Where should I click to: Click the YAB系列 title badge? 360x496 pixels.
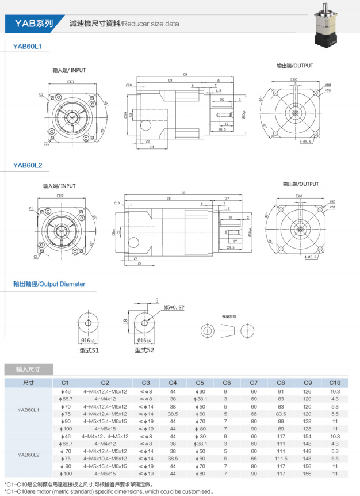pos(33,24)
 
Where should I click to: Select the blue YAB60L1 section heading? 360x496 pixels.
pos(28,45)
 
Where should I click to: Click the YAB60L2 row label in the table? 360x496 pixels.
pos(28,454)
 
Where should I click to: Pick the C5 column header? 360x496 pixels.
pos(200,383)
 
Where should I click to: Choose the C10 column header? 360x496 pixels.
pos(335,383)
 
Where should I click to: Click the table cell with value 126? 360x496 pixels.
pos(307,391)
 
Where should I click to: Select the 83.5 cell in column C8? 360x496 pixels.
pos(281,414)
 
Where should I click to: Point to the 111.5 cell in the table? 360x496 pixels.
pos(281,458)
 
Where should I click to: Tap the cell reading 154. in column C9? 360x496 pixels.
pos(308,436)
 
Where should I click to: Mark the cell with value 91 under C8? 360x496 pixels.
pos(281,391)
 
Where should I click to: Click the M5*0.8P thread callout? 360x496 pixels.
pos(174,307)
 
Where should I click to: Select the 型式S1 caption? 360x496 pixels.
pos(90,349)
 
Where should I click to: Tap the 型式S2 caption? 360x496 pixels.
pos(145,349)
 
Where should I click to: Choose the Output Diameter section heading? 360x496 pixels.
pos(49,284)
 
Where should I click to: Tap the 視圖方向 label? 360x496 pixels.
pos(229,317)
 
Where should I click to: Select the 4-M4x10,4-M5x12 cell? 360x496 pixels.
pos(105,458)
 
